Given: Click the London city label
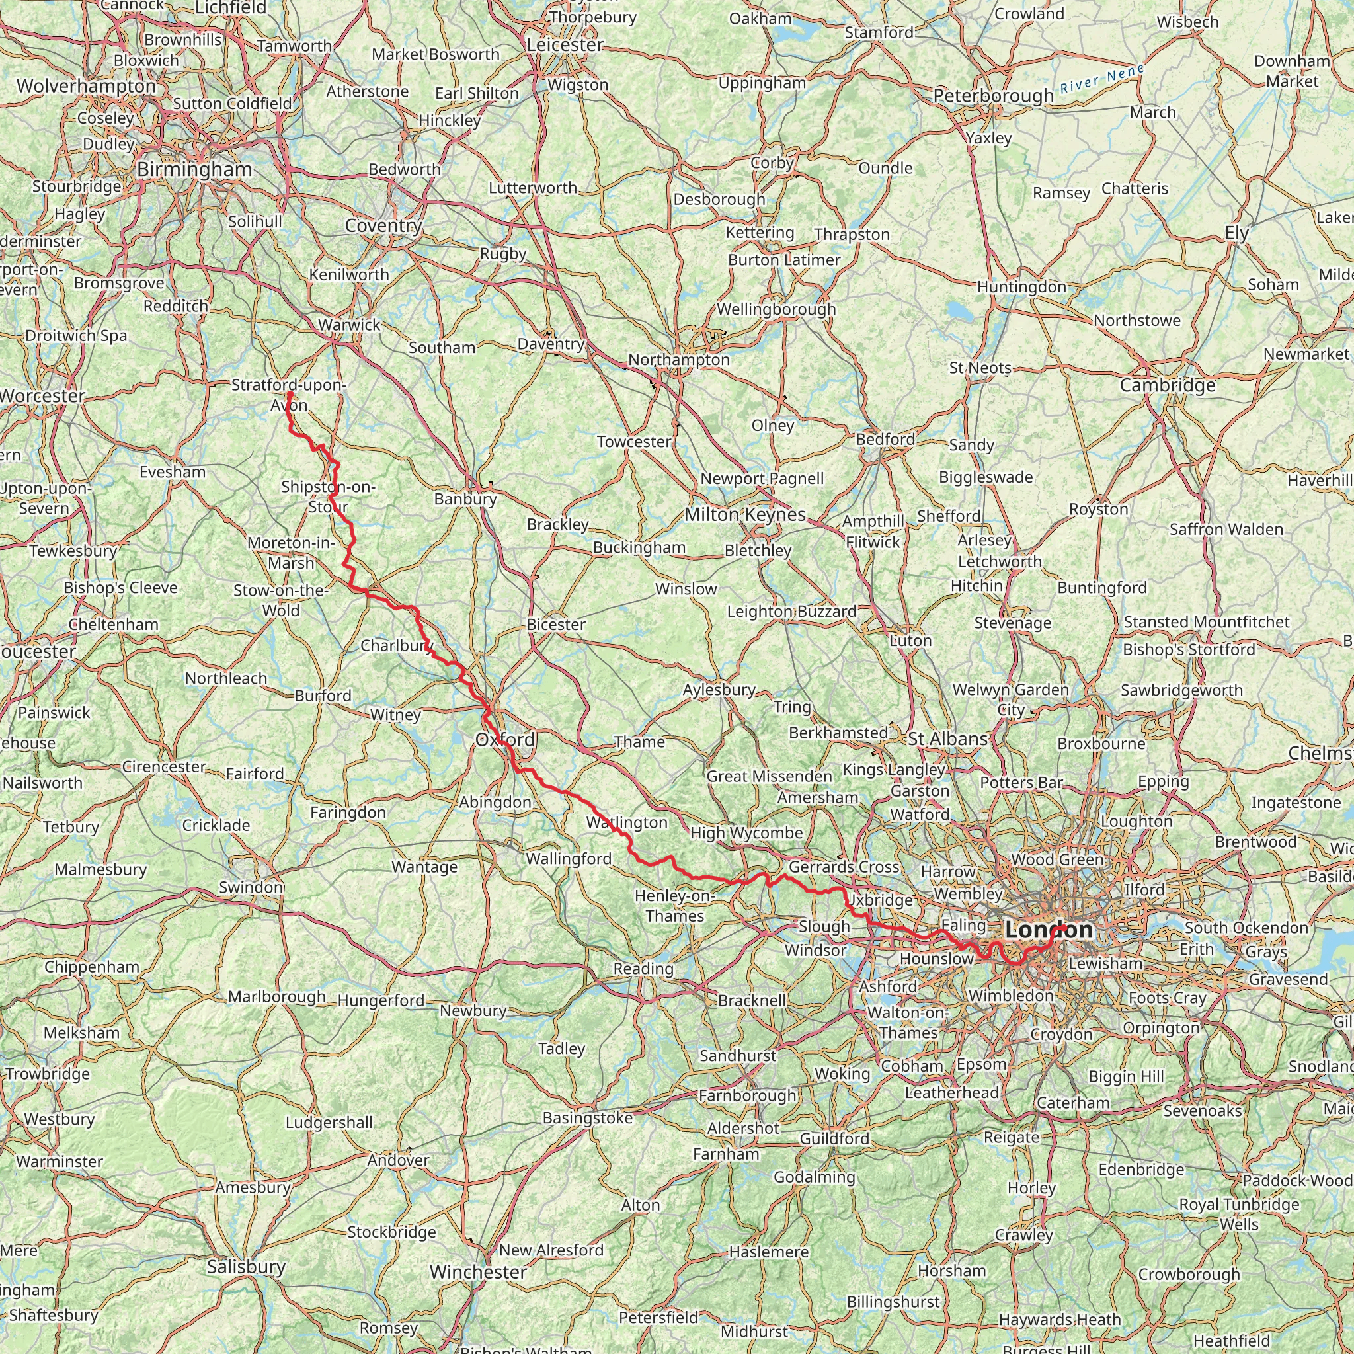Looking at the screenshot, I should click(x=1048, y=930).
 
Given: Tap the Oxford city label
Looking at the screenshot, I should click(x=504, y=739).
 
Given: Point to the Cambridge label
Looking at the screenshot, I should click(x=1168, y=385).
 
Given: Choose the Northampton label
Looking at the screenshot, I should click(x=678, y=360).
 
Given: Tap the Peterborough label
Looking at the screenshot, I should click(x=993, y=95).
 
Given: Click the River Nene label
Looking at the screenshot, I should click(x=1101, y=79).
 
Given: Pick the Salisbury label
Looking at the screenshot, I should click(x=246, y=1266).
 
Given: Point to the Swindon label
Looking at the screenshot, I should click(x=251, y=887).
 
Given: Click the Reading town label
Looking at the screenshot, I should click(x=643, y=969).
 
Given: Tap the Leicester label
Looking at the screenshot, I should click(x=565, y=44).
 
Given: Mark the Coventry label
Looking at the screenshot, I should click(x=383, y=225).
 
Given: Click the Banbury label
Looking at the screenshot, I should click(x=465, y=499).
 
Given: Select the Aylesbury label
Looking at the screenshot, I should click(x=719, y=690).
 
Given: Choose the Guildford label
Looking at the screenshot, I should click(x=835, y=1139).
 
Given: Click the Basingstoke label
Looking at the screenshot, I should click(x=587, y=1118).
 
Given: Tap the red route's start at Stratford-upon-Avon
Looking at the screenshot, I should click(x=289, y=393).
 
